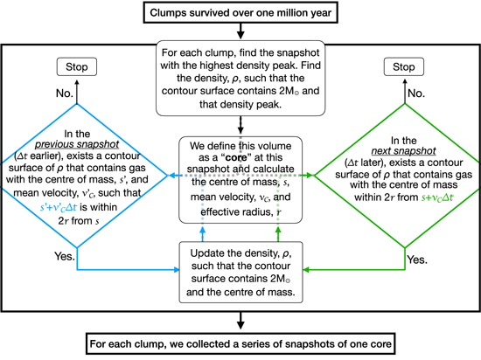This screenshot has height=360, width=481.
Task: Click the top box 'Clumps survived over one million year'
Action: (240, 12)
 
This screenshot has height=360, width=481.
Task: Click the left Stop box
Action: (77, 66)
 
